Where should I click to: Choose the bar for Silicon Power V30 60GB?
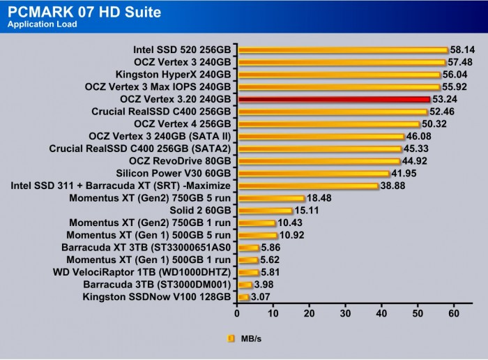[x=314, y=174]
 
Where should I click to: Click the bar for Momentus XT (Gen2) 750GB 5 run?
[x=272, y=198]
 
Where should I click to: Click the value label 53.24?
[x=445, y=100]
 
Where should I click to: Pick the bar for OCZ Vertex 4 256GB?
[x=329, y=124]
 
